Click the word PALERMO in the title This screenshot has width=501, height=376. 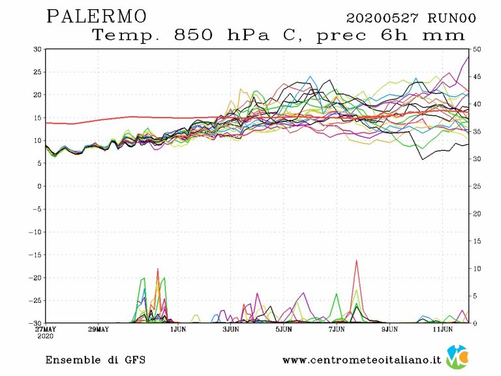97,16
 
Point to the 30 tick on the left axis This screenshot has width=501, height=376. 37,50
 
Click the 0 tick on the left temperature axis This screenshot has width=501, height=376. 39,186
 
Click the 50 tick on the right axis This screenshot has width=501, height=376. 477,50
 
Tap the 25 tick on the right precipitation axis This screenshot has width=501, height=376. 477,186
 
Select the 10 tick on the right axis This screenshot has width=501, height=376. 477,268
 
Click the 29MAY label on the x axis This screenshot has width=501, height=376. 98,330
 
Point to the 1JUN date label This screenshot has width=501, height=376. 178,330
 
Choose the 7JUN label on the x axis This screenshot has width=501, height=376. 337,330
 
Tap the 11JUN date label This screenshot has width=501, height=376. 443,330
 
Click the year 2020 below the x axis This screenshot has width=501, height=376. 45,337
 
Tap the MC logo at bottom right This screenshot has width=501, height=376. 458,358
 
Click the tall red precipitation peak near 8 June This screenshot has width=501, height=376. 357,261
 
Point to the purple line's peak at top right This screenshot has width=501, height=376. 468,57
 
